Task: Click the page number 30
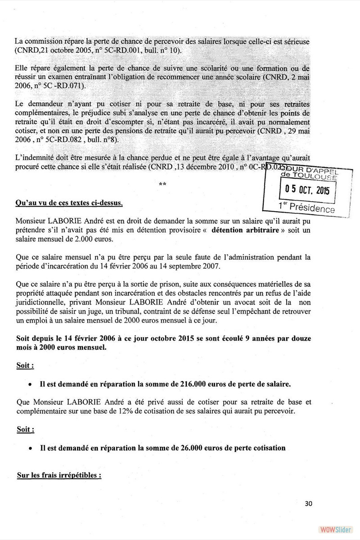pos(308,504)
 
